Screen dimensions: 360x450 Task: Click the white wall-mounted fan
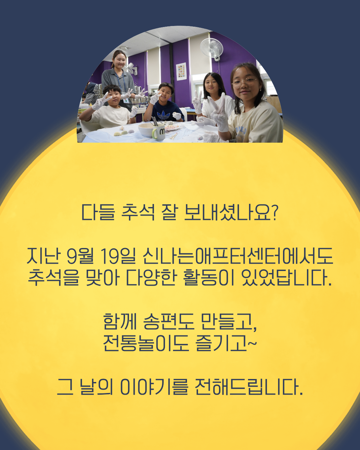tap(212, 49)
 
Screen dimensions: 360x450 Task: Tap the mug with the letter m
tap(159, 131)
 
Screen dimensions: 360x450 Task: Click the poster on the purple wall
tap(181, 72)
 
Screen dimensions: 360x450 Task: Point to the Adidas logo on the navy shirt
tap(163, 115)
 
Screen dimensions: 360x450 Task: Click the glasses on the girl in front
tap(244, 82)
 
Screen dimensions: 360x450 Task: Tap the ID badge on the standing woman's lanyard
tap(126, 101)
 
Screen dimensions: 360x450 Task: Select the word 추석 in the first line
tap(138, 212)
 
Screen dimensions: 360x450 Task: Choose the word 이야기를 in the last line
tap(154, 387)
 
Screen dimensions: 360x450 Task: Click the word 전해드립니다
tap(249, 387)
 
